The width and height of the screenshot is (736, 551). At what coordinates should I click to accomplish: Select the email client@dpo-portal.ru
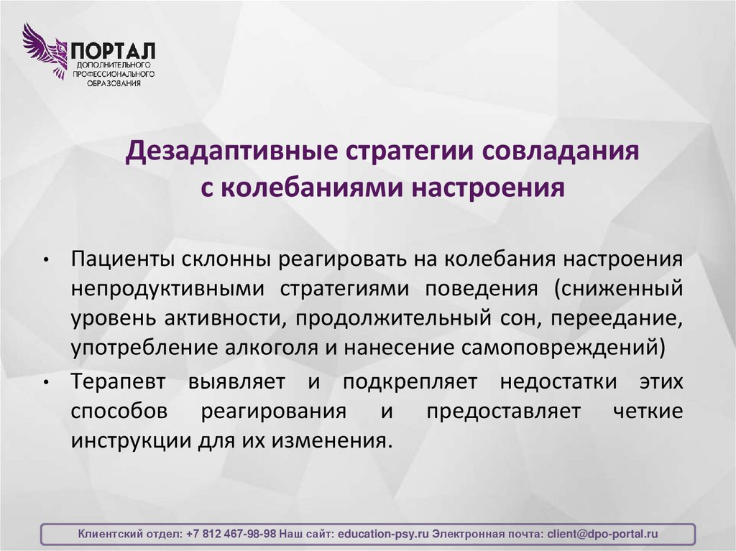point(602,534)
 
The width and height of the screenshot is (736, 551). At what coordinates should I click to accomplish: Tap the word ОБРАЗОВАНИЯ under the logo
point(113,83)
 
